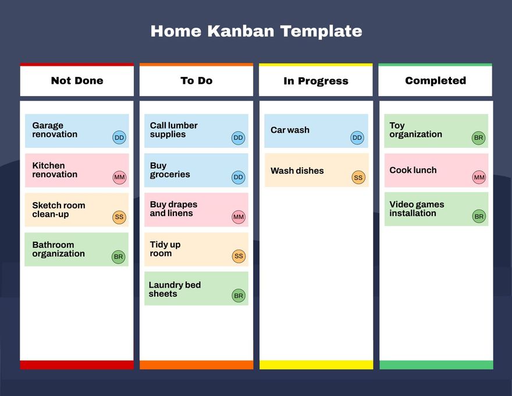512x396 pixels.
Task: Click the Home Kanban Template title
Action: tap(256, 31)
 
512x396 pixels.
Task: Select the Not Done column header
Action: tap(77, 81)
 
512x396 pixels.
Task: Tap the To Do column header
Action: tap(196, 81)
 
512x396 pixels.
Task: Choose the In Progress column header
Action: tap(315, 82)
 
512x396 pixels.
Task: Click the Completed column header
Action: tap(435, 81)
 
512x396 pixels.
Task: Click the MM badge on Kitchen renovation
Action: tap(119, 177)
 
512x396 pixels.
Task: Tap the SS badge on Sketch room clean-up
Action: tap(119, 217)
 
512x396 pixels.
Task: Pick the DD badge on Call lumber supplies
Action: tap(239, 138)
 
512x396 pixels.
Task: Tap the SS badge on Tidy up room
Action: tap(239, 256)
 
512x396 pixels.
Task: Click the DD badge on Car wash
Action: tap(357, 138)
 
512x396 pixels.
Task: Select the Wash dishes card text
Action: tap(297, 171)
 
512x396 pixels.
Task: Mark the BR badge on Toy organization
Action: tap(478, 138)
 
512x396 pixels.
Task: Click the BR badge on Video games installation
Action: tap(478, 217)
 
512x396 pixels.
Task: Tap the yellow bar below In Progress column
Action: tap(316, 365)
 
